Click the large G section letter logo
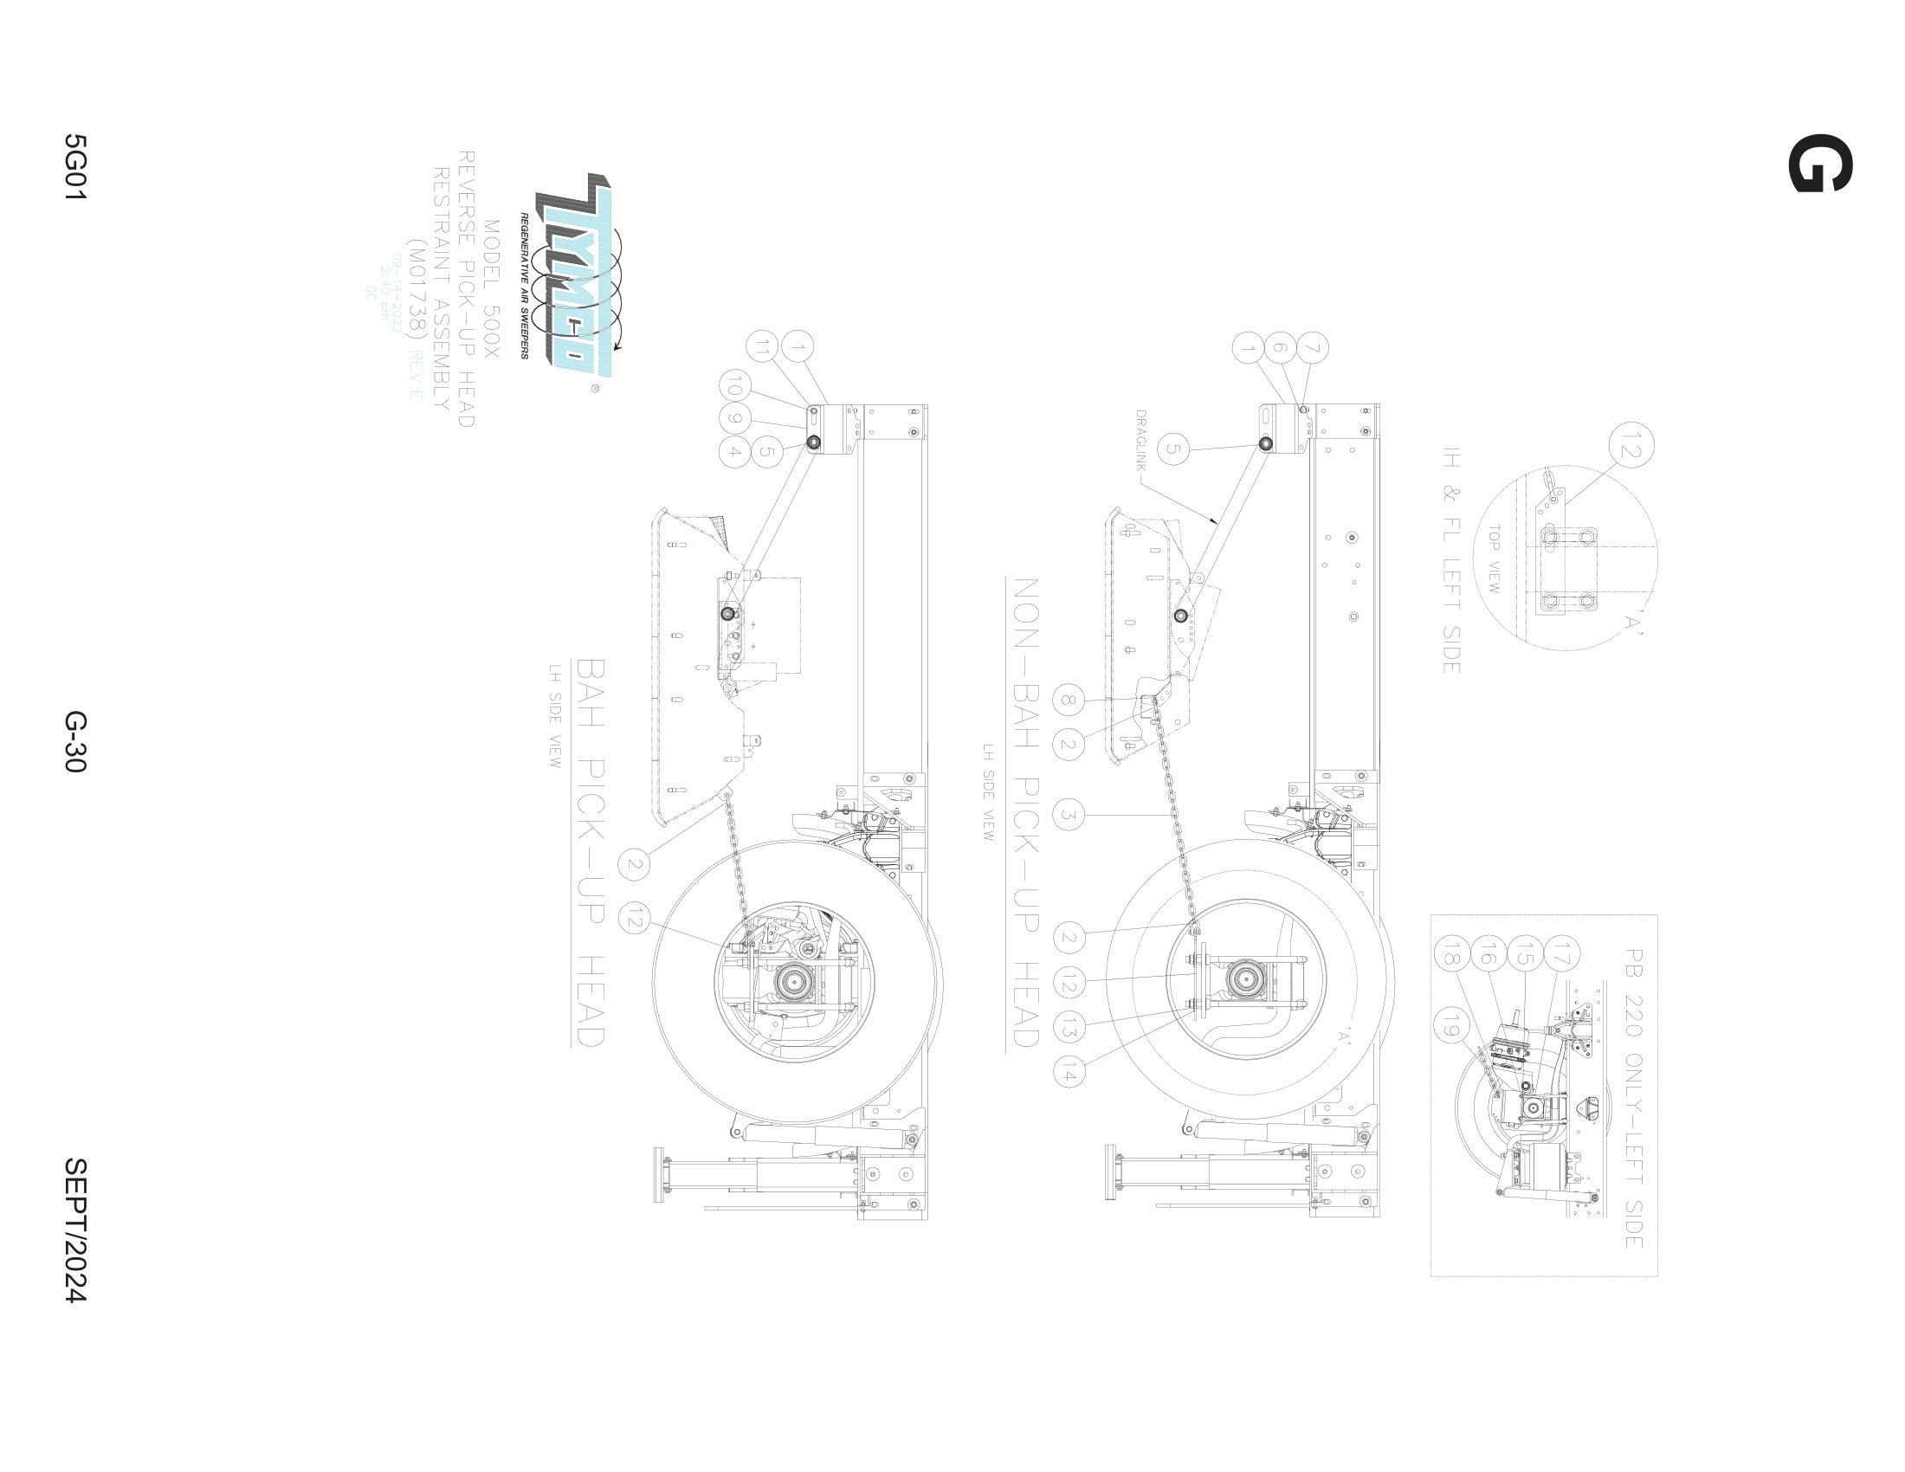pyautogui.click(x=1820, y=163)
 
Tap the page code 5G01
pyautogui.click(x=75, y=167)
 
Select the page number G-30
pyautogui.click(x=75, y=741)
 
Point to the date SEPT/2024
pyautogui.click(x=75, y=1230)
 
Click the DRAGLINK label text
pyautogui.click(x=1141, y=442)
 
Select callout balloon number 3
pyautogui.click(x=1069, y=816)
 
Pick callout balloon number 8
pyautogui.click(x=1069, y=700)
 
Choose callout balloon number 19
pyautogui.click(x=1450, y=1029)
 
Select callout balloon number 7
pyautogui.click(x=1313, y=348)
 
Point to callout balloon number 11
pyautogui.click(x=762, y=347)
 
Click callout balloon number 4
pyautogui.click(x=734, y=452)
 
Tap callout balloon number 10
pyautogui.click(x=734, y=384)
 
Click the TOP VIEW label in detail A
pyautogui.click(x=1494, y=559)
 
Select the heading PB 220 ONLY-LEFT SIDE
pyautogui.click(x=1633, y=1098)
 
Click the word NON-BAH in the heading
pyautogui.click(x=1026, y=662)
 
